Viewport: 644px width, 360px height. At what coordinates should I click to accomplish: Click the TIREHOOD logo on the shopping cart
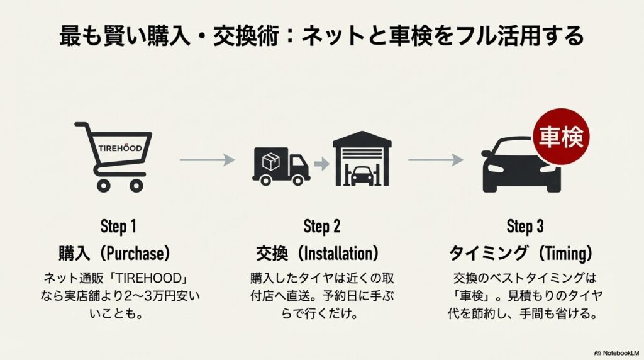click(121, 148)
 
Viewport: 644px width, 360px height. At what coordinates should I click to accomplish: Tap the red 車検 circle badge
click(559, 135)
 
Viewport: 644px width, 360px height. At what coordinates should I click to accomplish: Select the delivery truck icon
click(280, 164)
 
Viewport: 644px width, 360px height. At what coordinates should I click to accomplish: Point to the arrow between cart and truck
click(207, 160)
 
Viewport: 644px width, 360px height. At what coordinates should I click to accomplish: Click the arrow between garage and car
click(436, 160)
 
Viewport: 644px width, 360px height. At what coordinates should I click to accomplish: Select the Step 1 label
click(118, 226)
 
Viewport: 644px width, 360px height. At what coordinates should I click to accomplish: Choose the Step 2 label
click(321, 226)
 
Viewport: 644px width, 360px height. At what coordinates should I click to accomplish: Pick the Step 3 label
click(525, 226)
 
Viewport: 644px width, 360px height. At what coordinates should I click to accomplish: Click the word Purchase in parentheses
click(137, 254)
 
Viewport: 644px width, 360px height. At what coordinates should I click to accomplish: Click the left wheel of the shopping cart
click(103, 185)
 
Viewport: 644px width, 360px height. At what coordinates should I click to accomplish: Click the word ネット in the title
click(329, 35)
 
